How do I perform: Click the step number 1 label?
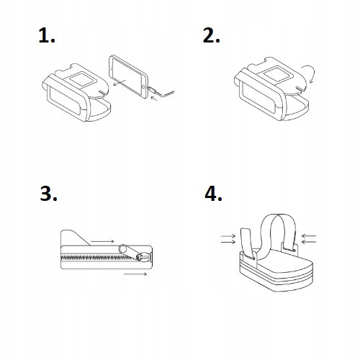click(47, 35)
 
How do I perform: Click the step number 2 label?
click(211, 35)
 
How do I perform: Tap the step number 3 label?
click(48, 193)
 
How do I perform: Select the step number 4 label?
click(213, 193)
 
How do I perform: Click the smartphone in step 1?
click(129, 76)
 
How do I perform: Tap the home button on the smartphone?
click(144, 86)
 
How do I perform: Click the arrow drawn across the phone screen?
click(120, 83)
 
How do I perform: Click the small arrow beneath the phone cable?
click(155, 99)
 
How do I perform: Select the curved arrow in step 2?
click(308, 72)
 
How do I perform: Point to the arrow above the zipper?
click(102, 241)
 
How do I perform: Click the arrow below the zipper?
click(135, 274)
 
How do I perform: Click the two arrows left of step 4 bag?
click(228, 239)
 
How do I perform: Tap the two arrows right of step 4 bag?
click(309, 238)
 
